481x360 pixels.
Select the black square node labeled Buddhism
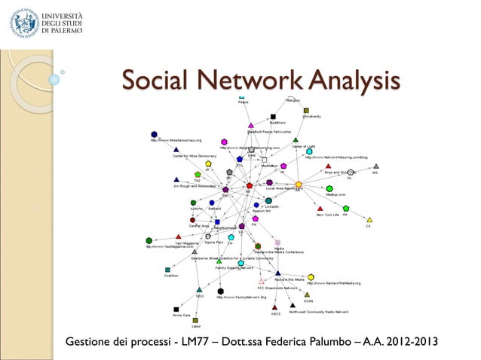(x=273, y=117)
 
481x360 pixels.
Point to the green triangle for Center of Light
(x=296, y=139)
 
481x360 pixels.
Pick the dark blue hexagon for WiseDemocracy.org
(x=154, y=134)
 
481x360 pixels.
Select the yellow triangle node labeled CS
(x=369, y=220)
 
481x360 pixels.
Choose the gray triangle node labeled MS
(x=376, y=166)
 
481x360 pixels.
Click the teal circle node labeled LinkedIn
(x=268, y=200)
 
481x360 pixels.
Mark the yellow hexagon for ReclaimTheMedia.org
(x=311, y=277)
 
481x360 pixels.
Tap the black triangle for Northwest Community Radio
(x=293, y=305)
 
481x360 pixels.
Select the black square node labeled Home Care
(x=176, y=309)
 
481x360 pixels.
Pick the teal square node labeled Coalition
(x=167, y=269)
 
